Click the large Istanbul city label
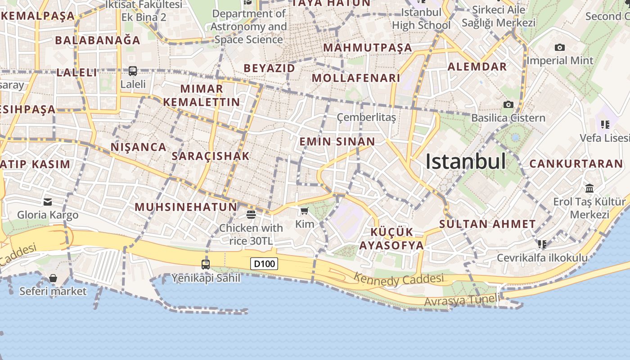(x=466, y=162)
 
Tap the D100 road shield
(x=264, y=264)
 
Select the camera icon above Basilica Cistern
(x=508, y=104)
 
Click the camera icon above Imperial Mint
(x=559, y=47)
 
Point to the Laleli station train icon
(x=133, y=71)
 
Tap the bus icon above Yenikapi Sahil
(x=206, y=265)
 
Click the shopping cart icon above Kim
(x=304, y=211)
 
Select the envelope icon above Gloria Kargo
(x=48, y=202)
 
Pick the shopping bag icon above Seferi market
(x=53, y=278)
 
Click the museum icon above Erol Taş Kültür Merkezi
(x=589, y=188)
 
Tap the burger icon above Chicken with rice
(x=251, y=214)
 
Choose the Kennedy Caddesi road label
(x=398, y=279)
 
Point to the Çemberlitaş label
(x=366, y=117)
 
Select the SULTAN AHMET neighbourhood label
(x=487, y=224)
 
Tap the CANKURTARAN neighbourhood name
(x=576, y=163)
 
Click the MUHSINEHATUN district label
(x=186, y=207)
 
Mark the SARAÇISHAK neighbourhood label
(x=210, y=156)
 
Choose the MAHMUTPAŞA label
(x=368, y=47)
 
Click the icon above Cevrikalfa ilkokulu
(x=542, y=244)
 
